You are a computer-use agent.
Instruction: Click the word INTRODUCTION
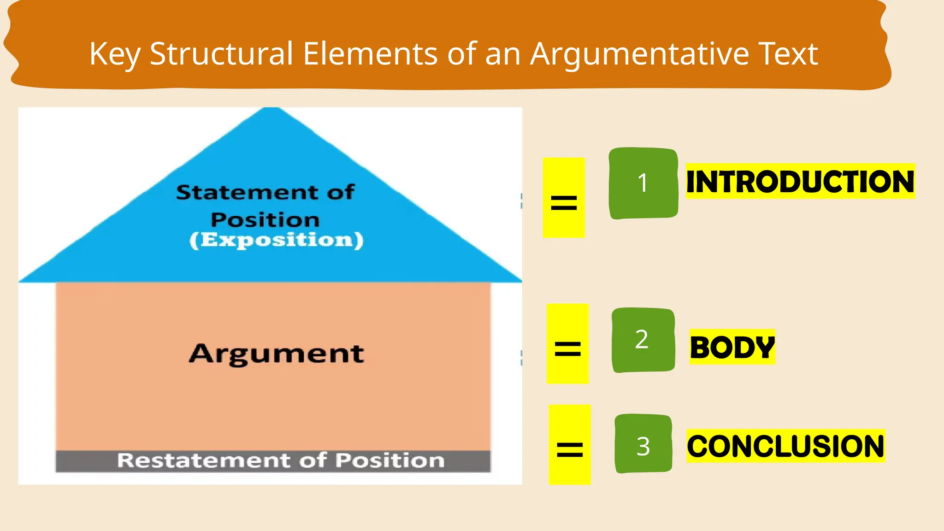800,182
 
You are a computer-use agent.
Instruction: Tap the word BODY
732,347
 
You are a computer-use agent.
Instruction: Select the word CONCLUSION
785,446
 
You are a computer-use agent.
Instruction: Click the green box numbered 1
643,183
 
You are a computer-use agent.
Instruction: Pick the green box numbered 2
643,340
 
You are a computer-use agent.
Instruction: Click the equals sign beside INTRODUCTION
564,202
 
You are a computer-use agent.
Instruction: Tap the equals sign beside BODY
567,348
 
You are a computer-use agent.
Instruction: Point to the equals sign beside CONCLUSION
570,449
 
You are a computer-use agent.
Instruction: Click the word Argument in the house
277,354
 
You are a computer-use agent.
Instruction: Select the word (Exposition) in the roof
277,240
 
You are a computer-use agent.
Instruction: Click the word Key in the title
114,54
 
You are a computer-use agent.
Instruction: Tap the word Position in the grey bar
390,460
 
